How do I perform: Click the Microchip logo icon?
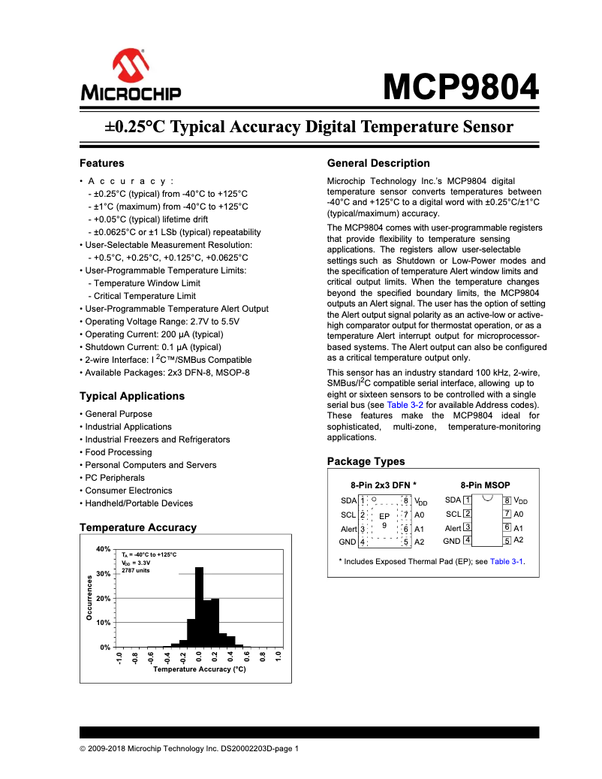point(131,68)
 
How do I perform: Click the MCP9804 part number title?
point(461,87)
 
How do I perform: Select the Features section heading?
point(101,163)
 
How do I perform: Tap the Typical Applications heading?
point(131,396)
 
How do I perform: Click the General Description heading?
point(378,163)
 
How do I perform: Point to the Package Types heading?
point(366,461)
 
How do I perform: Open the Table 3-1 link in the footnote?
point(507,561)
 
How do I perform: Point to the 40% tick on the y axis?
point(104,549)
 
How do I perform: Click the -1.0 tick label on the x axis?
point(119,659)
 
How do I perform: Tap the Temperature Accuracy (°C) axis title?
point(199,669)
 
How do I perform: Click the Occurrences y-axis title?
point(89,598)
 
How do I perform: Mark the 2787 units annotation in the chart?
point(136,570)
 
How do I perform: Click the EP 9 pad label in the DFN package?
point(384,520)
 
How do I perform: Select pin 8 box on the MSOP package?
point(507,501)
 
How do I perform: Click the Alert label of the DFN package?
point(348,529)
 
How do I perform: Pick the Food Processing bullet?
point(118,452)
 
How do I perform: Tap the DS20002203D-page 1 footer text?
point(259,748)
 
